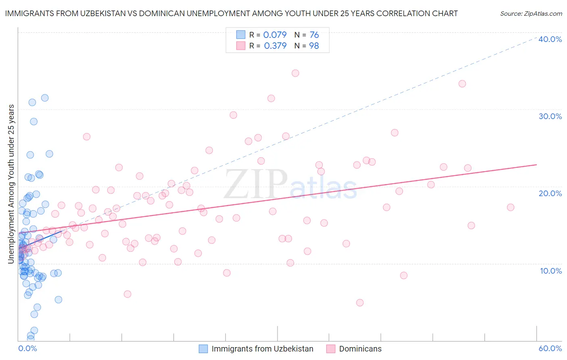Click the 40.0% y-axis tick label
550,39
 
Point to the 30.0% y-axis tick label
550,116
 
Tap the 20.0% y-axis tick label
550,193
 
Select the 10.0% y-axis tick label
551,271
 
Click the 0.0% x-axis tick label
27,348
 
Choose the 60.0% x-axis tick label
550,348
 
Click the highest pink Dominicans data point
295,73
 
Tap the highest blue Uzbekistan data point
45,98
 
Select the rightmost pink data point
511,207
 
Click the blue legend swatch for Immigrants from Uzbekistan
203,349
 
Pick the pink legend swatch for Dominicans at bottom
331,349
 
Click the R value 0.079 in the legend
275,35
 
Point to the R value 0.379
275,46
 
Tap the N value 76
314,35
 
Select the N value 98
314,46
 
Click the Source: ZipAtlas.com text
531,14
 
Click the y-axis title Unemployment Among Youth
11,184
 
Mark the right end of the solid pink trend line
536,165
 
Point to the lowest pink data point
360,303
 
